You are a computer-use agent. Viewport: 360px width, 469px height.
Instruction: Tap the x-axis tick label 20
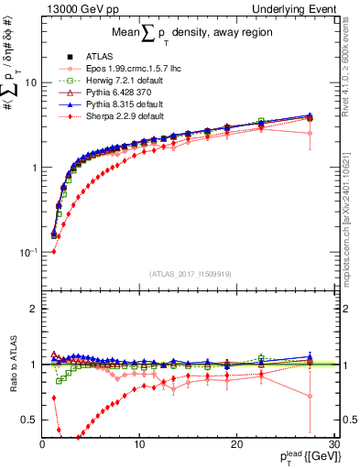[235, 444]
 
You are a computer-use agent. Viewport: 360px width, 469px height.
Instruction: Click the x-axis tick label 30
[333, 444]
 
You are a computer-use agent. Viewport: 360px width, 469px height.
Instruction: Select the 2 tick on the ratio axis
[34, 309]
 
